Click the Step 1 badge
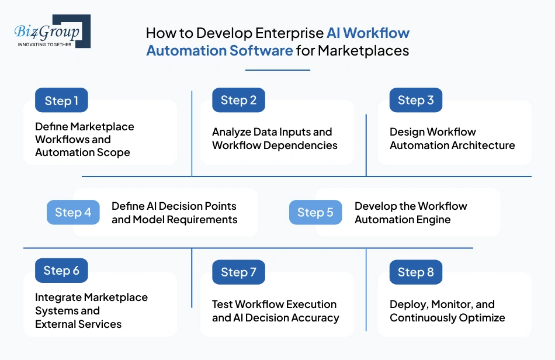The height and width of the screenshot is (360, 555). tap(61, 101)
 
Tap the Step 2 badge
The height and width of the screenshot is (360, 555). tap(238, 101)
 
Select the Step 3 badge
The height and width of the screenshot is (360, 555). tap(415, 101)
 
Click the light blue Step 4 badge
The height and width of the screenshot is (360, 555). tap(73, 213)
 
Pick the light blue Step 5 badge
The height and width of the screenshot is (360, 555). tap(315, 213)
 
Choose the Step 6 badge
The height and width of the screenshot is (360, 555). tap(61, 271)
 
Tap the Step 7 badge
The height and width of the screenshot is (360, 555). tap(238, 272)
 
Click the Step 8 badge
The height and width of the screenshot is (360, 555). tap(415, 272)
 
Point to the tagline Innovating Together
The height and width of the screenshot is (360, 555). tap(44, 44)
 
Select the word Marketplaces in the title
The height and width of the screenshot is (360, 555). tap(363, 51)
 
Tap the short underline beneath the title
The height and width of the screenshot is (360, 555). tap(277, 70)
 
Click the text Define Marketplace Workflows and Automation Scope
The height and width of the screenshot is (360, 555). tap(84, 140)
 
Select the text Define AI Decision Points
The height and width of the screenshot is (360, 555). tap(174, 206)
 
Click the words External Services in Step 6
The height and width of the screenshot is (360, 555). tap(78, 324)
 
